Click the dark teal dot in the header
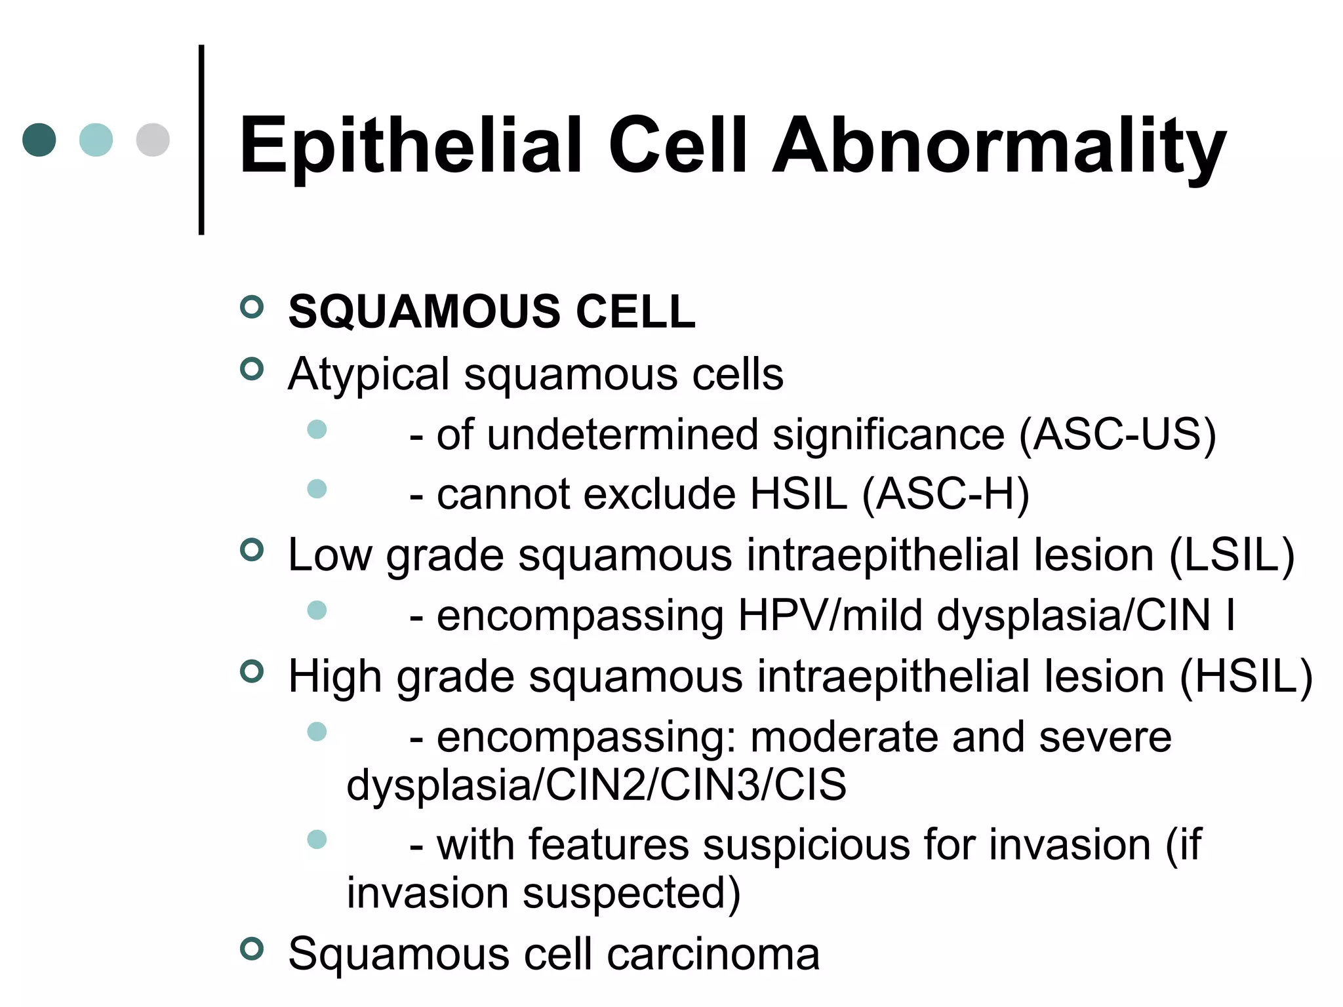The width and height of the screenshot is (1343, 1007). pos(39,140)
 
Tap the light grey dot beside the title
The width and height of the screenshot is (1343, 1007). pos(153,140)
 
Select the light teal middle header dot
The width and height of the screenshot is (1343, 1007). pos(96,140)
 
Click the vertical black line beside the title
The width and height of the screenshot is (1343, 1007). pos(201,140)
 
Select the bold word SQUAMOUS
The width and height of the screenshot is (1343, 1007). pos(425,311)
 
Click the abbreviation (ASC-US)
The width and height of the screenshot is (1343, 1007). pos(1117,435)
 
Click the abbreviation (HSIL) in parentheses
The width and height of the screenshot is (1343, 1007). pos(1246,677)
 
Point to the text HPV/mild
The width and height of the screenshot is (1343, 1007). pos(830,616)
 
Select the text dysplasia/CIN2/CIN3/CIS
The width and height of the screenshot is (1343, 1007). pos(596,785)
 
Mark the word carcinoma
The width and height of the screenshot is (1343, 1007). pos(713,954)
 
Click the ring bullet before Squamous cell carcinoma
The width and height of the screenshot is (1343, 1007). pos(252,949)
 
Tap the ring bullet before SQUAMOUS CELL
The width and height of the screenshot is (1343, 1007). pos(252,306)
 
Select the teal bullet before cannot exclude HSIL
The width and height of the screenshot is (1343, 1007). pos(317,488)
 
